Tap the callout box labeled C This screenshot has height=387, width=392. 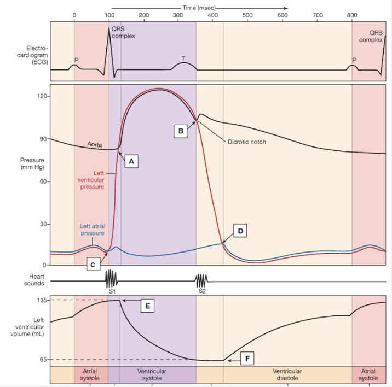click(x=94, y=265)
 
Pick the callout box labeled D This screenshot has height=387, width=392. click(x=241, y=231)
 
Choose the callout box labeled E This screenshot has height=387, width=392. click(x=146, y=306)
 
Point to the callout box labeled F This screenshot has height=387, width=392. click(x=247, y=359)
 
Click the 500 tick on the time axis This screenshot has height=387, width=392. click(x=248, y=15)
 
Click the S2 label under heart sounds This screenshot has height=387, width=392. click(x=202, y=291)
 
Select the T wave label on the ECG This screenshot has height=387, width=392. click(x=183, y=58)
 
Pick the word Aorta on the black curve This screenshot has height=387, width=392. click(x=96, y=145)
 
